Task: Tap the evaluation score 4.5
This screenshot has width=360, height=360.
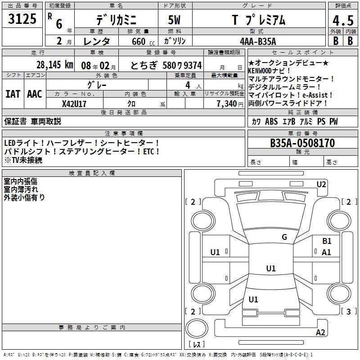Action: pos(342,21)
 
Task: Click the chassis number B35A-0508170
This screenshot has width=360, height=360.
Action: pos(302,143)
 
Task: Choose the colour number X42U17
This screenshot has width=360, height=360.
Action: pos(74,104)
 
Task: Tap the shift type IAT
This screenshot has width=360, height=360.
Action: pos(13,94)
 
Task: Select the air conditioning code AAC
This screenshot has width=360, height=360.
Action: pos(34,94)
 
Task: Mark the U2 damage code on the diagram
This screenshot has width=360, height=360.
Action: pos(321,184)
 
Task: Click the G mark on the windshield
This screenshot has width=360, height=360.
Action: pos(284,237)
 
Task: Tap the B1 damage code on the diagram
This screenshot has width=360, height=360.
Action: pos(327,242)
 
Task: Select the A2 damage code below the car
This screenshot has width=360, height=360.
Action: pos(320,333)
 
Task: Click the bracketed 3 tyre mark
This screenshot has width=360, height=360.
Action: pos(348,311)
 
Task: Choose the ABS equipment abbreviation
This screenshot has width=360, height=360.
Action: pos(271,121)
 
